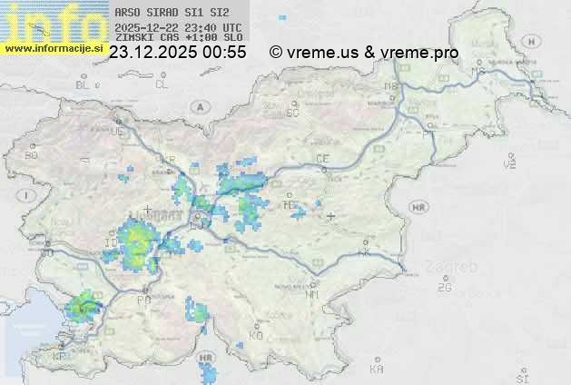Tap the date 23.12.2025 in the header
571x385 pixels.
(153, 53)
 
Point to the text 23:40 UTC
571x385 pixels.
(212, 26)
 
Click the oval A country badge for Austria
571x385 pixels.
(198, 106)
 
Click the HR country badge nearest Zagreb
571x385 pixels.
(418, 208)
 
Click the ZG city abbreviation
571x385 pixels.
(444, 288)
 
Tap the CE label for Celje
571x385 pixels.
(321, 159)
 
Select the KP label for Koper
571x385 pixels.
(60, 357)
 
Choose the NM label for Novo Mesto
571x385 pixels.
(313, 294)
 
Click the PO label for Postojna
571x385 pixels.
(143, 300)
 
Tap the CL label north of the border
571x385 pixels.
(162, 84)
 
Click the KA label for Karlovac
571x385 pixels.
(377, 369)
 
